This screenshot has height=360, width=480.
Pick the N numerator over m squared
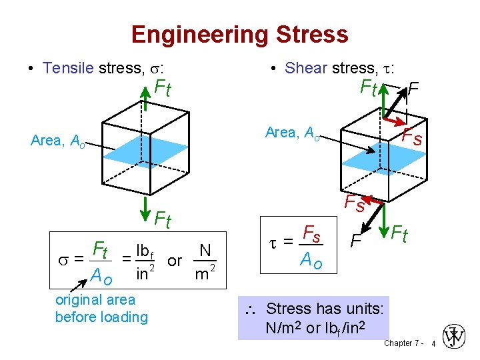click(x=205, y=251)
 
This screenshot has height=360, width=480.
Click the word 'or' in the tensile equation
click(x=175, y=261)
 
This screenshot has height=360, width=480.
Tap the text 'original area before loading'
click(x=101, y=308)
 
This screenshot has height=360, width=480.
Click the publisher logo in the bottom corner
click(x=455, y=337)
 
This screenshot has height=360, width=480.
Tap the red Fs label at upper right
click(x=413, y=138)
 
